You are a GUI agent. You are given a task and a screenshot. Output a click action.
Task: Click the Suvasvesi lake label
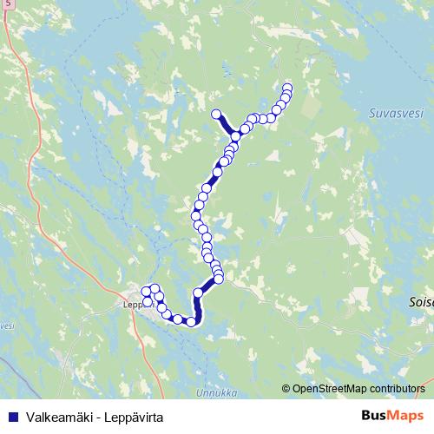(x=394, y=112)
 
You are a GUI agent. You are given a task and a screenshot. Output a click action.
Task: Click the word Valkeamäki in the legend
(x=53, y=417)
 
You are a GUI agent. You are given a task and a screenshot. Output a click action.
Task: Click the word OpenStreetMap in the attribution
(x=330, y=388)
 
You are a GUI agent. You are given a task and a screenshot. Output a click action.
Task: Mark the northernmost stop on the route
(x=288, y=88)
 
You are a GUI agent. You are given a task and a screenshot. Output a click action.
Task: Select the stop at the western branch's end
(x=217, y=114)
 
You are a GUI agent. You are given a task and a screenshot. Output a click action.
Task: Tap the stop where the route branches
(x=235, y=136)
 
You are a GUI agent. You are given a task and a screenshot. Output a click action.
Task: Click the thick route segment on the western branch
(x=226, y=125)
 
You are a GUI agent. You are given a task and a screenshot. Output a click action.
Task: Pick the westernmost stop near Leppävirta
(x=145, y=293)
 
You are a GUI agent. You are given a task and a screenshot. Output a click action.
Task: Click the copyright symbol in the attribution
(x=287, y=388)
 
